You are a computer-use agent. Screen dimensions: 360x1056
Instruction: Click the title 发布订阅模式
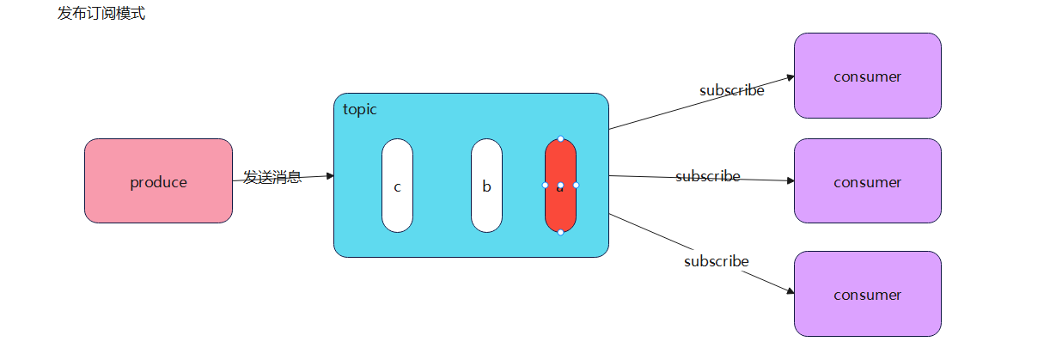click(101, 14)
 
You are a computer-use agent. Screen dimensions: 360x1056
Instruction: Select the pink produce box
click(158, 181)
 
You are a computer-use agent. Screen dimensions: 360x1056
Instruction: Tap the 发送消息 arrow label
click(272, 178)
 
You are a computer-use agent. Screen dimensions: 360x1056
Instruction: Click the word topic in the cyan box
click(360, 109)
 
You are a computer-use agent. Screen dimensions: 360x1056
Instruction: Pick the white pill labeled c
click(397, 186)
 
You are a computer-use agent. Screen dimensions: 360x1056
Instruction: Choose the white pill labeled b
click(486, 186)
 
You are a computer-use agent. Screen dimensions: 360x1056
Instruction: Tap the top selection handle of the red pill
click(560, 138)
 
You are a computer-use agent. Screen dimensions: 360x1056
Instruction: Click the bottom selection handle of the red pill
click(560, 232)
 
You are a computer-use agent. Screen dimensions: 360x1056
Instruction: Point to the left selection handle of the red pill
click(545, 185)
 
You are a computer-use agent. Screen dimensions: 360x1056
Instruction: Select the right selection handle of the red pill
click(576, 185)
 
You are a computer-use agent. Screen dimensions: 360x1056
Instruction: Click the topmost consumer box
click(867, 76)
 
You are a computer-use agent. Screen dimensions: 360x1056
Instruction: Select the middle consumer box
click(867, 181)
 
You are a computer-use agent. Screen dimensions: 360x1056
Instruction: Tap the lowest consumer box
click(867, 294)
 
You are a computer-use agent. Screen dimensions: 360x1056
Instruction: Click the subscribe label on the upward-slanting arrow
click(731, 90)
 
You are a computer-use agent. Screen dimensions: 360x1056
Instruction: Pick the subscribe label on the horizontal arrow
click(707, 176)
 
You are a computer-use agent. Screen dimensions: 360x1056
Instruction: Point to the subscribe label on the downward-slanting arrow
click(716, 261)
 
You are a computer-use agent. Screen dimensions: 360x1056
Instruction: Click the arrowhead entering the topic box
click(329, 175)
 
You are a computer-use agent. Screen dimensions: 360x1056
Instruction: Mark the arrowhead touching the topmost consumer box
click(790, 76)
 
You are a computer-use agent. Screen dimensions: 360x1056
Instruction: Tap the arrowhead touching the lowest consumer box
click(790, 292)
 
